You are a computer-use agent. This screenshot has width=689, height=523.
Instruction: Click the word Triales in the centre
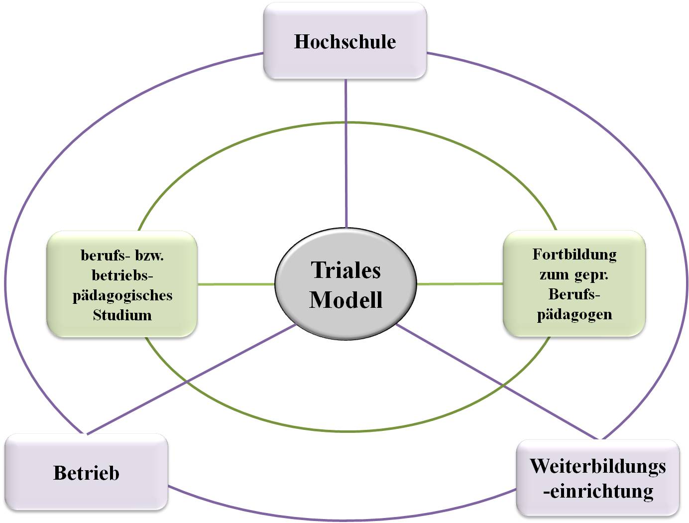[345, 270]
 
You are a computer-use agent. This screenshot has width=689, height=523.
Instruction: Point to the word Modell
[345, 300]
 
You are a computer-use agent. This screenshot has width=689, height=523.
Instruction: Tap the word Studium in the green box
[122, 315]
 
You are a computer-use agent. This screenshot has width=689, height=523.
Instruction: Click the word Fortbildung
[574, 255]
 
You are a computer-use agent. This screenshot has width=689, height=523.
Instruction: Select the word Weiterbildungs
[597, 466]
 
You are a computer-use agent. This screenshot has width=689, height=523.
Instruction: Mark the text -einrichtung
[598, 491]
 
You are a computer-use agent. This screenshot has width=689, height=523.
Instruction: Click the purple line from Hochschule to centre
[346, 149]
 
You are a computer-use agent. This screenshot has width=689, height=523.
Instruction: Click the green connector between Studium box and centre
[236, 284]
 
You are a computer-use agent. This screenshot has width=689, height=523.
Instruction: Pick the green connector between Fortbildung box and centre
[459, 284]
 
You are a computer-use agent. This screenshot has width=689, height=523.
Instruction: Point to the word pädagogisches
[122, 295]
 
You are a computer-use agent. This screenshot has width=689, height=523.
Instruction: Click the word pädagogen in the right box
[574, 315]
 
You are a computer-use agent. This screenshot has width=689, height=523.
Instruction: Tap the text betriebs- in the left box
[122, 275]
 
